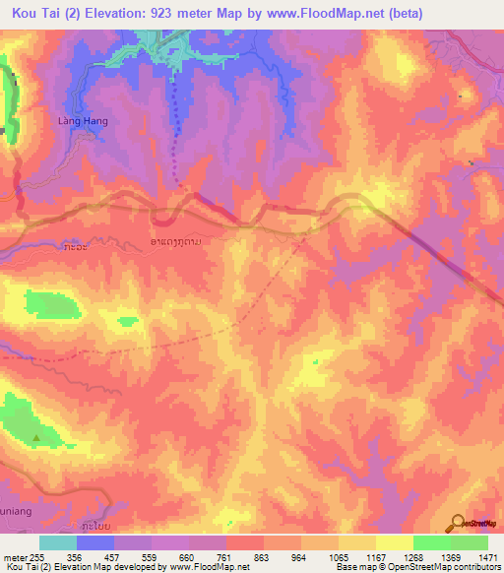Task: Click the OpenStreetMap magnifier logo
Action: tap(459, 526)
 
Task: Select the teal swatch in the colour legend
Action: tap(57, 542)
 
